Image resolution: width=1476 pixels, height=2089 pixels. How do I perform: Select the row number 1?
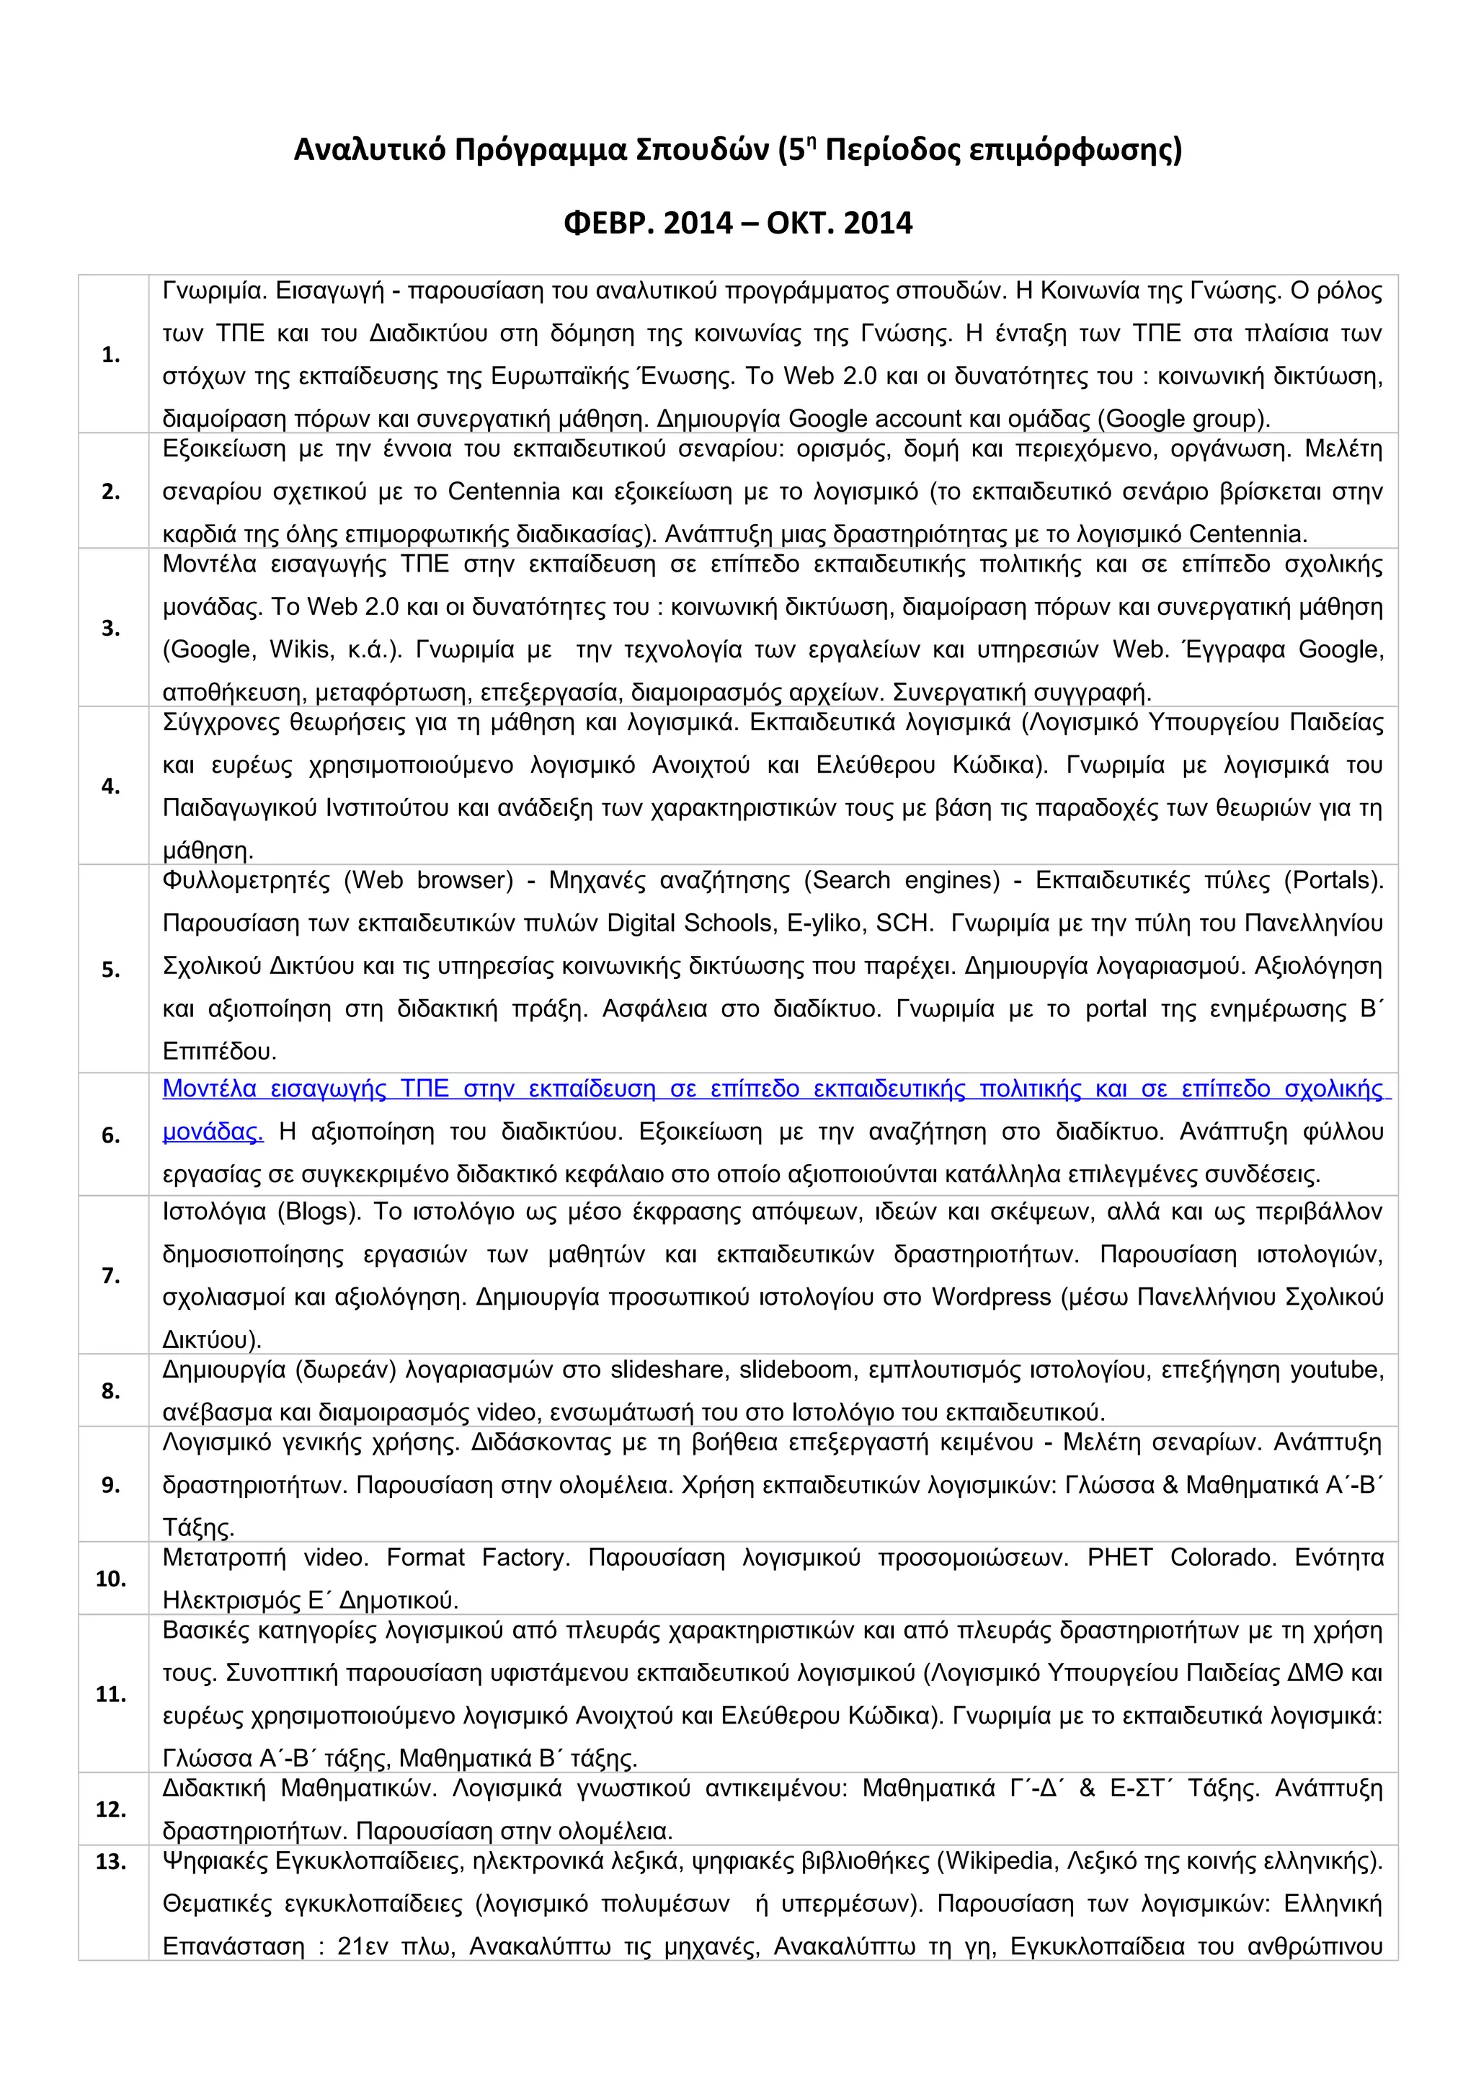[111, 355]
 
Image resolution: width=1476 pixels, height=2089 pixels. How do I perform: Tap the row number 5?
[111, 970]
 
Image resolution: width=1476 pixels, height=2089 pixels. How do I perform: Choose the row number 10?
[111, 1579]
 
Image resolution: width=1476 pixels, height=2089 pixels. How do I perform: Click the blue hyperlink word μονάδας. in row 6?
[213, 1132]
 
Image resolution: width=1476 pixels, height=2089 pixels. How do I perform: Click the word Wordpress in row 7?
[990, 1297]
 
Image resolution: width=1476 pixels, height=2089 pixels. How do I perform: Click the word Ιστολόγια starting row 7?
[215, 1212]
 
